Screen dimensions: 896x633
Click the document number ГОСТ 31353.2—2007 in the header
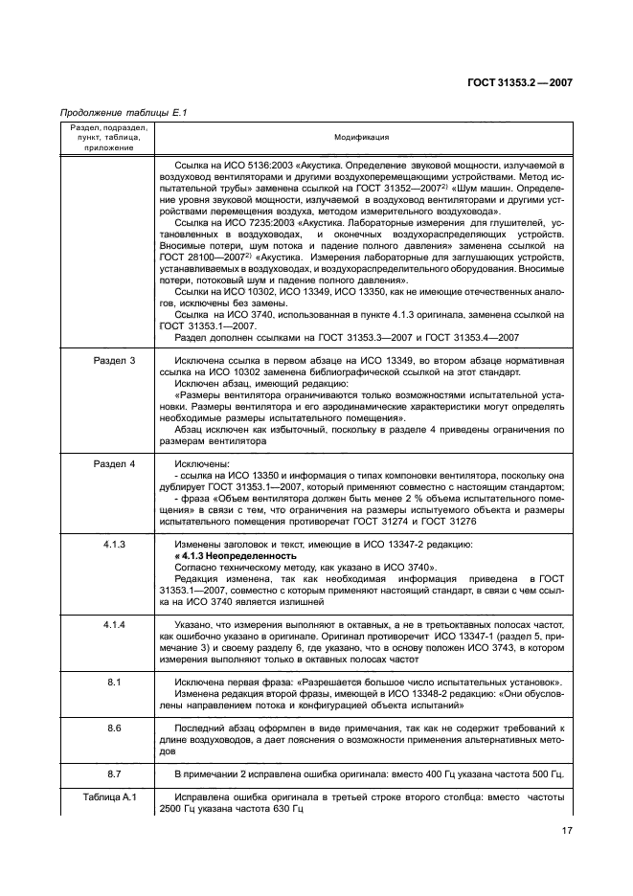(x=521, y=82)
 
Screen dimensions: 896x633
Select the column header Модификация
(x=361, y=138)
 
